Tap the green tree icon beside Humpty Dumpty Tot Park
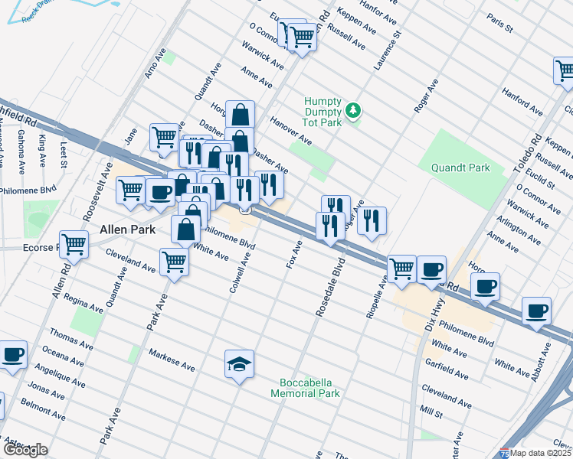[x=353, y=112]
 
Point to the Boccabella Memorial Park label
[x=305, y=388]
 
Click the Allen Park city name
[x=128, y=229]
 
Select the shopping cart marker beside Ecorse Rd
[x=74, y=245]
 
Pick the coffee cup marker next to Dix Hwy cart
[x=432, y=269]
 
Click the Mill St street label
[x=433, y=415]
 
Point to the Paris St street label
[x=499, y=23]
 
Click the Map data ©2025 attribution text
[x=542, y=452]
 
